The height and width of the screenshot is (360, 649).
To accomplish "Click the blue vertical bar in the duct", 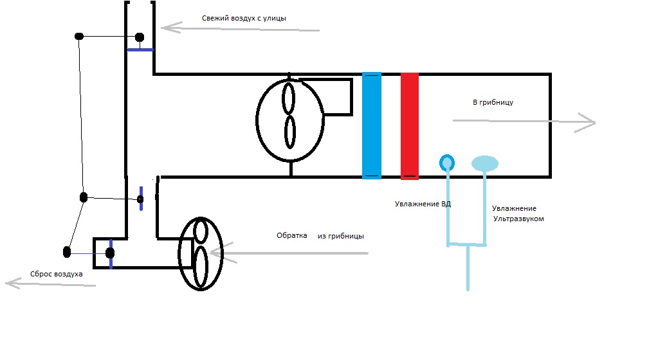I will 372,125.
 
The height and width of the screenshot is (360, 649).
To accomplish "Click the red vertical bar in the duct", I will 410,125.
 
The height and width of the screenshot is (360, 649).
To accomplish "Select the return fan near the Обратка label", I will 200,253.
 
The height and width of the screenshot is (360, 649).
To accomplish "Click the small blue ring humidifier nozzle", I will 446,162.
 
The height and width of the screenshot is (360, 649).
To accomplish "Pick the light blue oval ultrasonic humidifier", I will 484,163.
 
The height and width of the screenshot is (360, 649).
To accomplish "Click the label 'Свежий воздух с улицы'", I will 244,19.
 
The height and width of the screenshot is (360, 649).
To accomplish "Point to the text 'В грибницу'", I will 493,102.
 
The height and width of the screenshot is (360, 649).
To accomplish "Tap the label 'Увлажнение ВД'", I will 423,204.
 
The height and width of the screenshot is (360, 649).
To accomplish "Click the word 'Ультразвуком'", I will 518,219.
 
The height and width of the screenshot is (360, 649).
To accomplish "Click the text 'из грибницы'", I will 341,236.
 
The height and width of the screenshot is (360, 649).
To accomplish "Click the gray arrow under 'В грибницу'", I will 524,122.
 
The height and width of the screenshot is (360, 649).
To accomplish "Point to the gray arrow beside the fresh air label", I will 240,28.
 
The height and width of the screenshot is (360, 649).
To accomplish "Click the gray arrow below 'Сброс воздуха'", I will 50,283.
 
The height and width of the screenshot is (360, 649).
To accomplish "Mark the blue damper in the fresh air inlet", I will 140,49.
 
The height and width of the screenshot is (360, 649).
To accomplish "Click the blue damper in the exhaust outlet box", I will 111,253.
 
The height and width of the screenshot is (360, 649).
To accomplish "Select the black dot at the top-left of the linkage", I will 79,37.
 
